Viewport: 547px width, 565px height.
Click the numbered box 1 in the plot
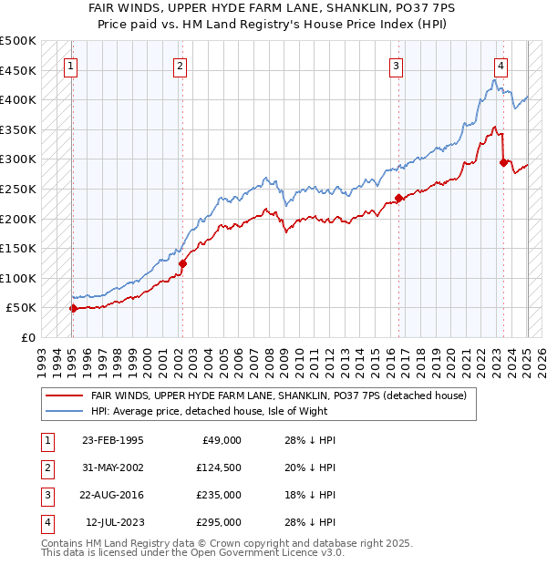[71, 66]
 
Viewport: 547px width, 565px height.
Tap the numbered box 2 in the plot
[181, 66]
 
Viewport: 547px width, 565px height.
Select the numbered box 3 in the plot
[397, 66]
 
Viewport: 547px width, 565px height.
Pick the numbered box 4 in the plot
[501, 66]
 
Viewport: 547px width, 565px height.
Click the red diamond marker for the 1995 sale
[73, 308]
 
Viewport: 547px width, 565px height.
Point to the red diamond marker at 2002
[182, 263]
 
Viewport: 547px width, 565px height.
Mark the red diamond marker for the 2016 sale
[398, 198]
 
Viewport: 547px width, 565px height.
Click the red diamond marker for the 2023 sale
[503, 162]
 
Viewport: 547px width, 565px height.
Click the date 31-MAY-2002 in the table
[112, 467]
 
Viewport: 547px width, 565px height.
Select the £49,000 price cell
[220, 440]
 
